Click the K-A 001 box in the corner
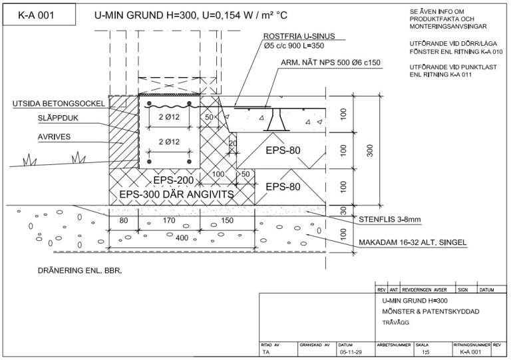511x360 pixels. (x=39, y=15)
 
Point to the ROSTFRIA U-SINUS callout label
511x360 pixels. (x=299, y=36)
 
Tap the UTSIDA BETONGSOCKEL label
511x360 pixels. (x=59, y=104)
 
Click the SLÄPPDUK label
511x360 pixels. (x=58, y=118)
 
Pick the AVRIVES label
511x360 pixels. (x=54, y=137)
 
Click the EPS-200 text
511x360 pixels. (x=174, y=180)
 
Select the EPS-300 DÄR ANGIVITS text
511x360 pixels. (x=176, y=194)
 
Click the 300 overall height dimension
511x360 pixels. (x=369, y=150)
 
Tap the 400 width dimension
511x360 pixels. (x=182, y=238)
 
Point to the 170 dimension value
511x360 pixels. (x=169, y=220)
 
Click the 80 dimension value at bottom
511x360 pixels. (x=124, y=220)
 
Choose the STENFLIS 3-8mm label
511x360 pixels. (x=390, y=220)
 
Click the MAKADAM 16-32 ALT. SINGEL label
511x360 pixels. (x=413, y=242)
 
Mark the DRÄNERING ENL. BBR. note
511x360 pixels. (x=80, y=271)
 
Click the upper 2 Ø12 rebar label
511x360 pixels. (x=169, y=117)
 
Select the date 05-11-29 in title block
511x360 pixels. (x=351, y=352)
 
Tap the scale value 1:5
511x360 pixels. (x=425, y=352)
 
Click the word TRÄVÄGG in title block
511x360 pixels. (x=396, y=323)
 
